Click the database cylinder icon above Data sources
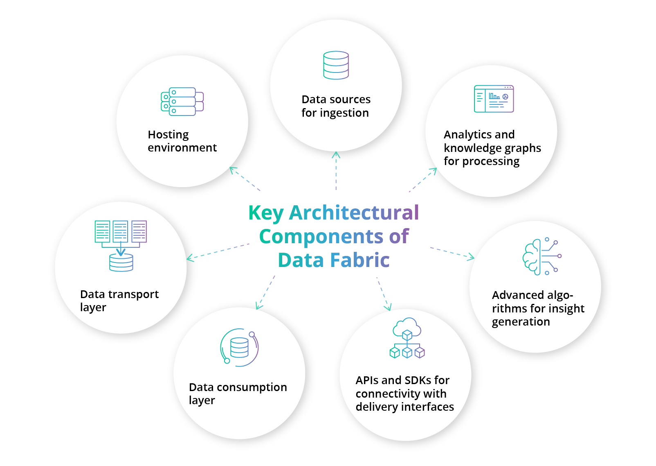tap(336, 65)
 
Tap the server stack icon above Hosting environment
tap(182, 102)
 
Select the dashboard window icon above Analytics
tap(494, 99)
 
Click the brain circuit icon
tap(542, 256)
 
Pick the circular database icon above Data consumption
tap(239, 348)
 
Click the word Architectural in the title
tap(354, 213)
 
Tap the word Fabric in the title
tap(359, 260)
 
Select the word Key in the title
tap(266, 213)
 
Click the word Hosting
tap(168, 135)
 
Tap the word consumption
tap(252, 387)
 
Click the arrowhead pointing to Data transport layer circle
tap(189, 258)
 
